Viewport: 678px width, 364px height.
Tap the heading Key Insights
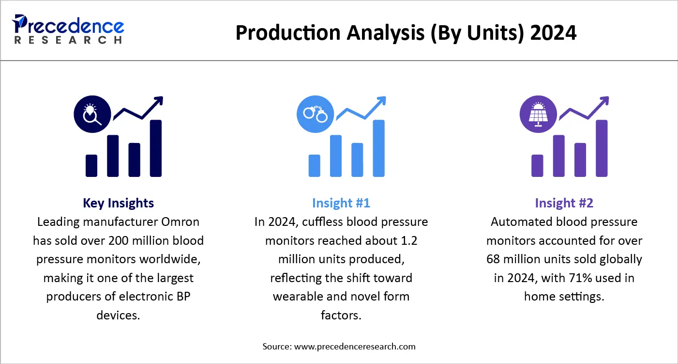(x=119, y=203)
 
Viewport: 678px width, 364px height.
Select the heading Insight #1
(x=341, y=203)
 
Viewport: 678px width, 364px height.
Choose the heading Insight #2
(x=564, y=203)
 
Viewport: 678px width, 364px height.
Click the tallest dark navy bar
(x=156, y=148)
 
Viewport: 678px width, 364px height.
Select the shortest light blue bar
(x=315, y=165)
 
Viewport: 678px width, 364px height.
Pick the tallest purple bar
(x=602, y=148)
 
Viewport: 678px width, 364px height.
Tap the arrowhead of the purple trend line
(x=604, y=101)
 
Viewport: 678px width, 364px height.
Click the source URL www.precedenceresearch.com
(x=354, y=347)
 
